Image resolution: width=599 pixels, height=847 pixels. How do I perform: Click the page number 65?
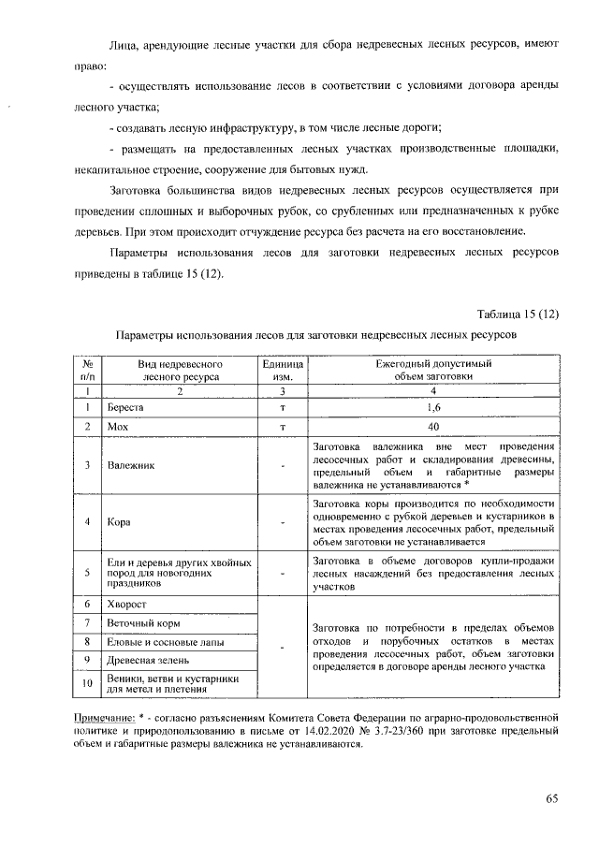coord(551,797)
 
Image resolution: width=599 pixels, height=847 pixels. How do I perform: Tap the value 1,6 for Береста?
coord(432,408)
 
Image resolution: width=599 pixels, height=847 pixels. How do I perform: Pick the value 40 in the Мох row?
coord(432,427)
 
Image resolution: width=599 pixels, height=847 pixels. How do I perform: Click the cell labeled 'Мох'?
coord(117,427)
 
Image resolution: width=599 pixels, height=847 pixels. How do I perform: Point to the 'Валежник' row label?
coord(129,464)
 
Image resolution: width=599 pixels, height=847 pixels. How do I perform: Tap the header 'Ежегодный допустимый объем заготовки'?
coord(432,369)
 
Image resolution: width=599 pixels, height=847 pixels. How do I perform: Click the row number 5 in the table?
coord(86,572)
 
